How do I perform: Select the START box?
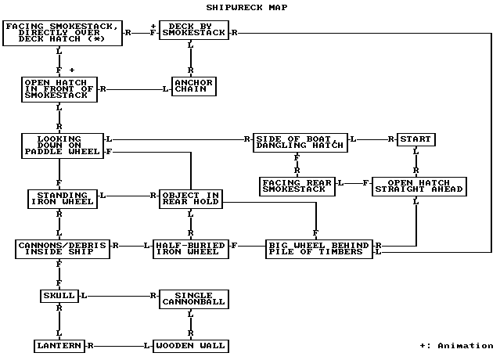click(415, 139)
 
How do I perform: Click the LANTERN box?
click(59, 345)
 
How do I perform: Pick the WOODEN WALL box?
click(190, 345)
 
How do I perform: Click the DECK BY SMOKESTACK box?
click(193, 30)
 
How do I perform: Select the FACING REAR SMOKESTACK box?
click(297, 185)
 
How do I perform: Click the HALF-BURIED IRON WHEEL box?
click(190, 248)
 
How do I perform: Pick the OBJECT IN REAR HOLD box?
click(190, 198)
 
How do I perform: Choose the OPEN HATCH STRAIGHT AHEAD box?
click(419, 185)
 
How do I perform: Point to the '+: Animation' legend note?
click(455, 345)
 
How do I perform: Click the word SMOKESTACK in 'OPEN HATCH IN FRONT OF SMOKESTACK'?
click(59, 95)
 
